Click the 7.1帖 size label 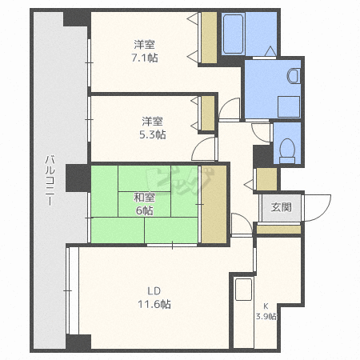click(x=145, y=58)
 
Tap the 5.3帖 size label click(x=153, y=134)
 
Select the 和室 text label click(x=144, y=198)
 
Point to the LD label click(x=154, y=291)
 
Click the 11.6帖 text click(x=154, y=304)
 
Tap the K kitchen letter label click(x=266, y=306)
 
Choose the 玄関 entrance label click(x=281, y=207)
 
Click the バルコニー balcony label click(x=50, y=181)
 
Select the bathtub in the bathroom click(x=234, y=34)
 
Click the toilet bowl click(x=287, y=150)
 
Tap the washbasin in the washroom click(x=294, y=76)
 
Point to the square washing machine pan click(x=289, y=106)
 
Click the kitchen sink click(x=243, y=290)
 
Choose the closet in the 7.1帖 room click(x=209, y=38)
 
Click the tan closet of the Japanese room click(x=214, y=204)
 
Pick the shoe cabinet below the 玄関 click(x=278, y=230)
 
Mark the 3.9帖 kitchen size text click(x=266, y=317)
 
